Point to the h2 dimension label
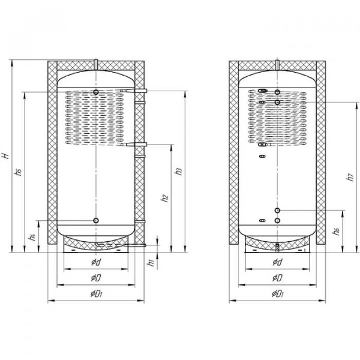(165, 198)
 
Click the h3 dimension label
(178, 172)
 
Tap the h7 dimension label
(349, 178)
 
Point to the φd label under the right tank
(277, 263)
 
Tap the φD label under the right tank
(277, 278)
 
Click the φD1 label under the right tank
(277, 294)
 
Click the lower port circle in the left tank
(96, 221)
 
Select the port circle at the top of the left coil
(97, 91)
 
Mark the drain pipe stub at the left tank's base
(142, 244)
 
